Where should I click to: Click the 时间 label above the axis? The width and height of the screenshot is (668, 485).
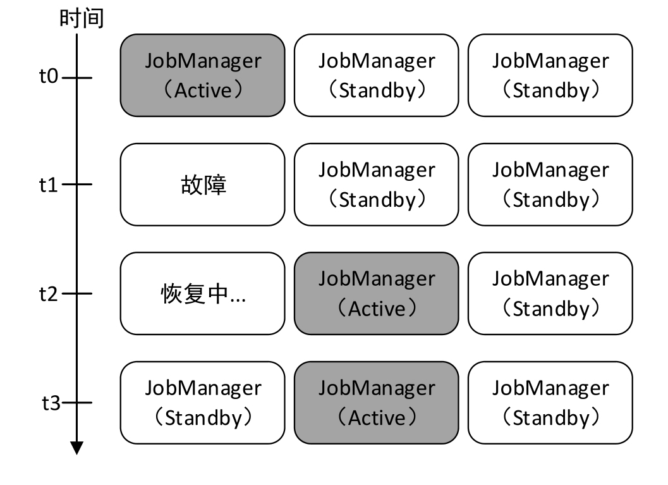click(82, 18)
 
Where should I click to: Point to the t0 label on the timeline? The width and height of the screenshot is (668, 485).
click(49, 78)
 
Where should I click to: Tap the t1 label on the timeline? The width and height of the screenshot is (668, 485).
click(49, 185)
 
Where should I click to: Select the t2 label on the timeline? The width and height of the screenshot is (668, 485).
click(49, 294)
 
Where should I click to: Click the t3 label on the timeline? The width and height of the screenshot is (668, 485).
click(51, 403)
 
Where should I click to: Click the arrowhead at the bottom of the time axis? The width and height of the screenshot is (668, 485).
click(77, 448)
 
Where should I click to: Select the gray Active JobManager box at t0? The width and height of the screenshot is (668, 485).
click(202, 75)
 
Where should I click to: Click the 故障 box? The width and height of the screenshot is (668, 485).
click(202, 185)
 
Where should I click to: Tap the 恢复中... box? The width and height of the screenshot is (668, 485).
click(202, 293)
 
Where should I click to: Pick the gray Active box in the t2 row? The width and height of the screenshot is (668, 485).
click(376, 293)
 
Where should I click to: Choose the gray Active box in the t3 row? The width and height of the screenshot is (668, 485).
click(376, 402)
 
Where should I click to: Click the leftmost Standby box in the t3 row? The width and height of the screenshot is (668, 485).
click(202, 402)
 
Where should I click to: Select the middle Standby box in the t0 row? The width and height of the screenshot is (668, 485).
click(376, 75)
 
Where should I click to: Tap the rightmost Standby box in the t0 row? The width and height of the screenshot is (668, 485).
click(550, 75)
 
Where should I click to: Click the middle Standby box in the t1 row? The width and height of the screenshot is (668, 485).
click(376, 185)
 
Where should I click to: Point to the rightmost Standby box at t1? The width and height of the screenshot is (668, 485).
click(550, 185)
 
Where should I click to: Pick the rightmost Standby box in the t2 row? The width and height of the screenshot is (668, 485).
click(550, 293)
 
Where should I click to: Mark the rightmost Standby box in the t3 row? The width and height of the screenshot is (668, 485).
click(550, 402)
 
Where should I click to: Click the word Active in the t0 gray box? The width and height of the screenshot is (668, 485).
click(203, 90)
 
